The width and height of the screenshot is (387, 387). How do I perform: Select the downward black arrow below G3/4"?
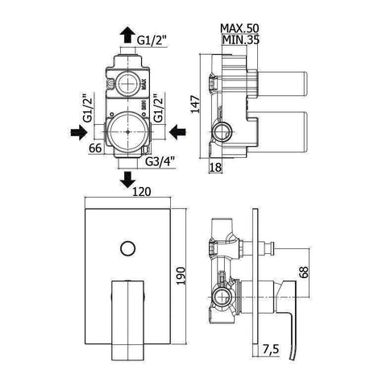[127, 178]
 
